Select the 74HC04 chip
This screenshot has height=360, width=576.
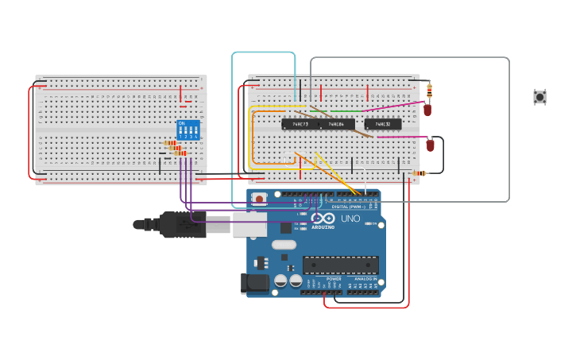(338, 124)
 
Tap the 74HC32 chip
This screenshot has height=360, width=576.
(383, 124)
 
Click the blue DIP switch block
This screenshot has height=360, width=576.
(188, 130)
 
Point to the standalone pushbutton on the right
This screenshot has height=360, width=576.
(539, 97)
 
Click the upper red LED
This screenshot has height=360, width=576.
(427, 110)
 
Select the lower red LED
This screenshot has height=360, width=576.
(431, 145)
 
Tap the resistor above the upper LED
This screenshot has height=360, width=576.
(430, 89)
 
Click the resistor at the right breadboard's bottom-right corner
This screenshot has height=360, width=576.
(419, 172)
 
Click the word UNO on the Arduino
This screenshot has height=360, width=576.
(350, 219)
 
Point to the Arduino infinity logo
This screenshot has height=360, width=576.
(323, 219)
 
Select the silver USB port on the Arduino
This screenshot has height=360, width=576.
(249, 224)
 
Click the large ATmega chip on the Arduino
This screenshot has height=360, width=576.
(340, 265)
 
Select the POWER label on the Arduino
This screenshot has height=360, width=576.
(334, 279)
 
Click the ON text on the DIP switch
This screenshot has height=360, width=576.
(182, 123)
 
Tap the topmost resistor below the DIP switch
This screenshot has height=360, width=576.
(170, 143)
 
